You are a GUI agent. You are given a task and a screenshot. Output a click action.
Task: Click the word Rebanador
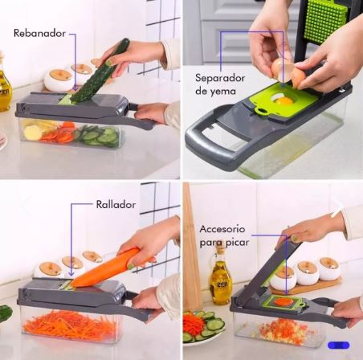[38, 34]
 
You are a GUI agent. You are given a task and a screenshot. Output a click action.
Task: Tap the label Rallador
[115, 205]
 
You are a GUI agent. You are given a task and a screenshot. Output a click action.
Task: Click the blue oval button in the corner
[338, 345]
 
